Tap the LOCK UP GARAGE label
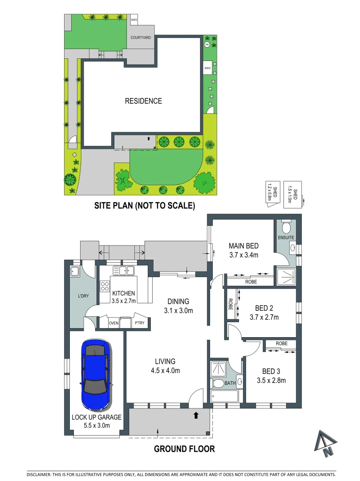pyautogui.click(x=97, y=417)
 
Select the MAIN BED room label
pyautogui.click(x=243, y=246)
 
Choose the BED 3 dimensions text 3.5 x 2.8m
pyautogui.click(x=271, y=380)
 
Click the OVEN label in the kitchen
pyautogui.click(x=113, y=323)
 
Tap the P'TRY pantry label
pyautogui.click(x=139, y=323)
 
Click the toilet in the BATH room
pyautogui.click(x=218, y=383)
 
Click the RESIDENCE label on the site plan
pyautogui.click(x=143, y=101)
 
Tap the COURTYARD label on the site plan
pyautogui.click(x=141, y=38)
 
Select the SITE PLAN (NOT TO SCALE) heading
pyautogui.click(x=144, y=206)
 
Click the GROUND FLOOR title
pyautogui.click(x=184, y=448)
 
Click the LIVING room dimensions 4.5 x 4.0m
pyautogui.click(x=165, y=370)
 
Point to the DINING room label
pyautogui.click(x=178, y=302)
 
